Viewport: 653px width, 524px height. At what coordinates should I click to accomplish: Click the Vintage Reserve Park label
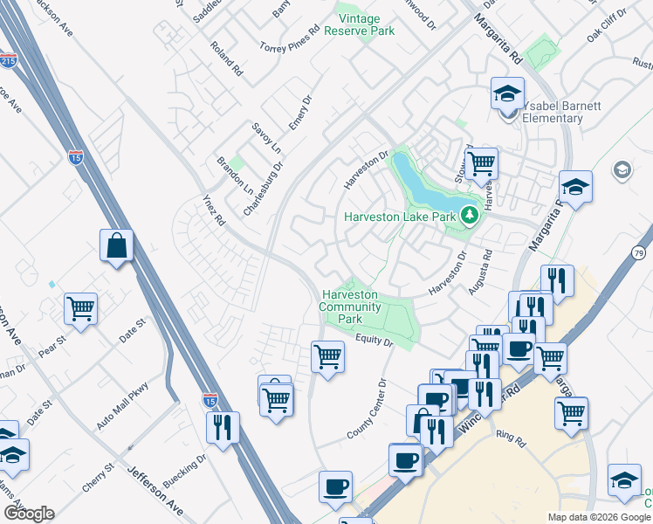pos(359,24)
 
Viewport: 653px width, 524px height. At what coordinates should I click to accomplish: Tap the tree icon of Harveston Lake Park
pos(470,214)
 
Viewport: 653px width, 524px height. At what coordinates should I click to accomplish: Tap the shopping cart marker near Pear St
pos(80,307)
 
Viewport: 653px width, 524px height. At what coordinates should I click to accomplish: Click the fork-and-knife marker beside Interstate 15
pos(223,427)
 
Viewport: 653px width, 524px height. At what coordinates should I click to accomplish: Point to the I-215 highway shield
pos(8,61)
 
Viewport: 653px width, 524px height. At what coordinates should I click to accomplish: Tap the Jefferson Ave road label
pos(156,483)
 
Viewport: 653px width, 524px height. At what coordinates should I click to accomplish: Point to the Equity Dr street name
pos(376,341)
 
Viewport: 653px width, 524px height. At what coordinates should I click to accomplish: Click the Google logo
pos(29,514)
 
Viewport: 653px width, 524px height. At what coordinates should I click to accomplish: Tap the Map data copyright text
pos(598,517)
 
